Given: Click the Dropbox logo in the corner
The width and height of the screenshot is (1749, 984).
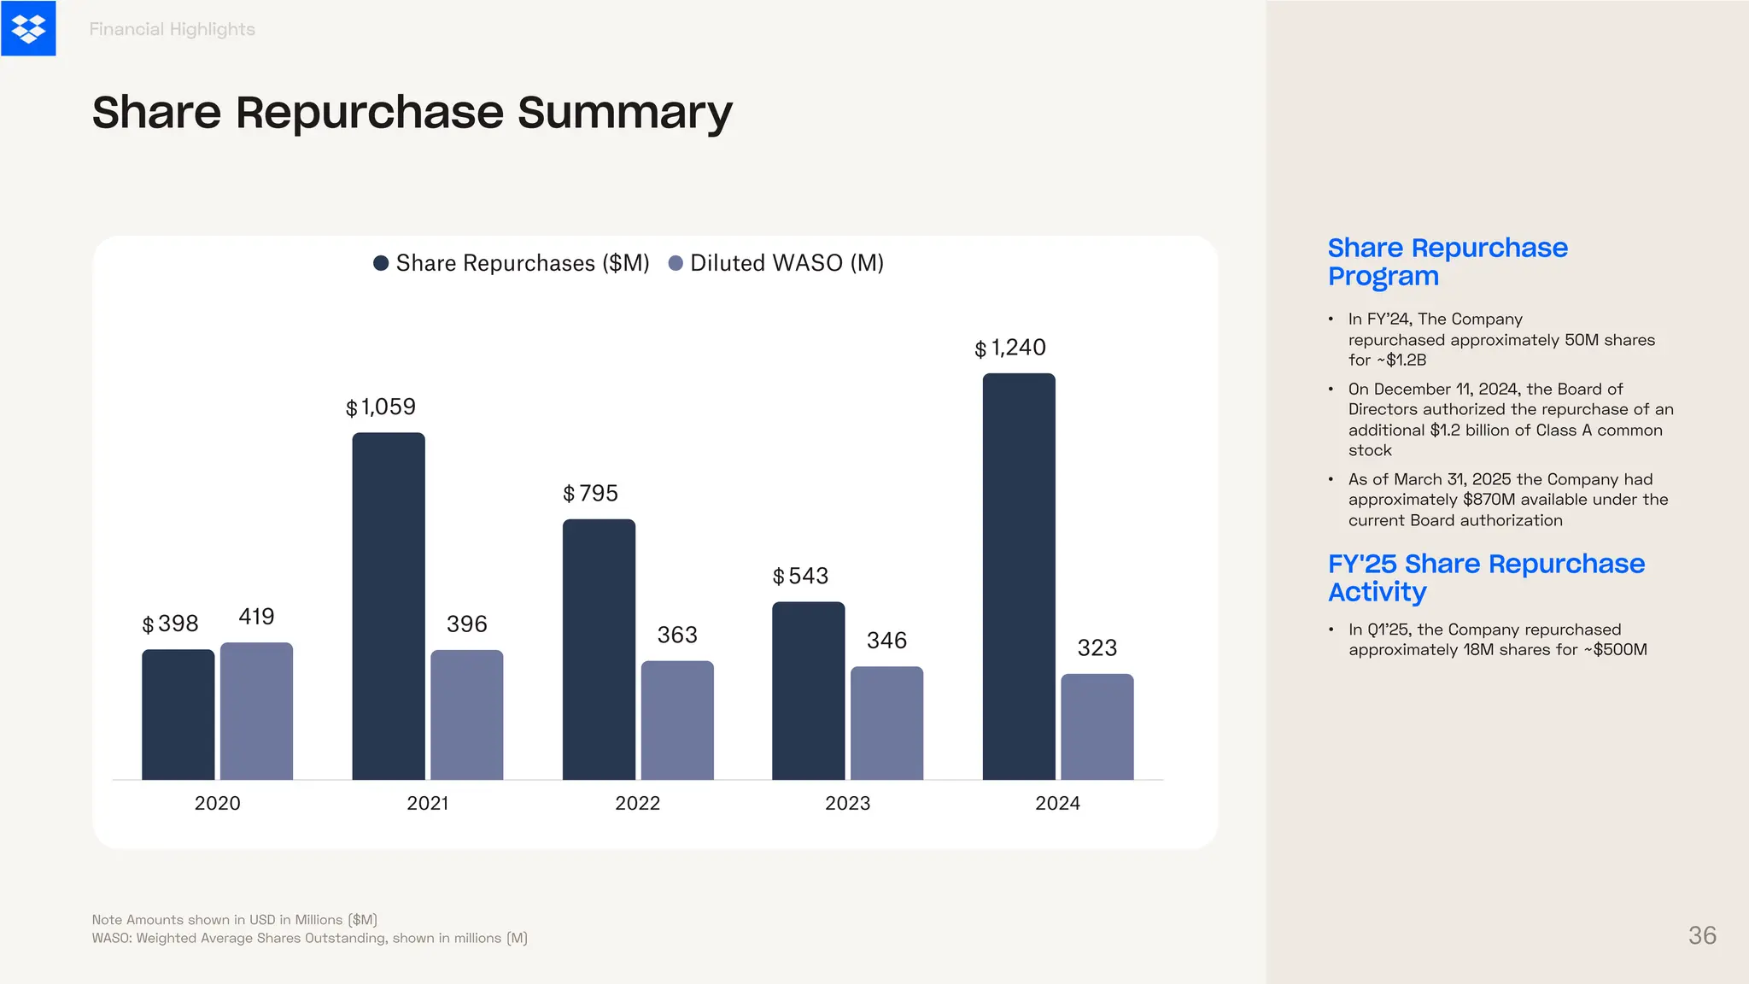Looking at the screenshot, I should (x=28, y=28).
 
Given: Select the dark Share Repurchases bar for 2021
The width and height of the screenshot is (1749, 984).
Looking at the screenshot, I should (x=389, y=606).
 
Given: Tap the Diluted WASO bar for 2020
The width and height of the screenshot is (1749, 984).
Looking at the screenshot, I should (x=256, y=711).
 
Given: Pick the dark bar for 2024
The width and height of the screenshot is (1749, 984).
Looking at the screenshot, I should (x=1019, y=577).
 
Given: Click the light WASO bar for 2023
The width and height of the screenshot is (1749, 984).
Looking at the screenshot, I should (x=886, y=723).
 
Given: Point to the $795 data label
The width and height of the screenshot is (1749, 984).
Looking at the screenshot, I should (x=590, y=494).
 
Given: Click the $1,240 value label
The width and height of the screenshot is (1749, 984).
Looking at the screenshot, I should (x=1010, y=348).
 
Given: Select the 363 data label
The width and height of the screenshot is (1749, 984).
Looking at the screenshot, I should (x=677, y=635).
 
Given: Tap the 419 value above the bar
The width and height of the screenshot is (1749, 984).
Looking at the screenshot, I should (x=256, y=617).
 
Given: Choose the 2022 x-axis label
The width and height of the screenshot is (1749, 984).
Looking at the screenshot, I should (x=637, y=803).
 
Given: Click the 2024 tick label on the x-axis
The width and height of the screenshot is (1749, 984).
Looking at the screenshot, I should (x=1057, y=803).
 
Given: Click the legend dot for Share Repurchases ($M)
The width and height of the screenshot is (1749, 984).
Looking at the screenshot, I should (x=382, y=263).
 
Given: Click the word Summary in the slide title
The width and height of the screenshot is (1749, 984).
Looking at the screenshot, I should (x=625, y=113).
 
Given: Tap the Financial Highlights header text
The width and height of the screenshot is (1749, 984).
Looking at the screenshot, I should (x=172, y=29).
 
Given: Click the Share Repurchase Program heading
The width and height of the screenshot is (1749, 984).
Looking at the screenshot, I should (x=1448, y=261).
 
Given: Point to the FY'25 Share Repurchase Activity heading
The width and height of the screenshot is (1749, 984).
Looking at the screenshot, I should (x=1486, y=577).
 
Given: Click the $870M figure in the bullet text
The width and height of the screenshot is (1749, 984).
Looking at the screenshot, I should (x=1489, y=500).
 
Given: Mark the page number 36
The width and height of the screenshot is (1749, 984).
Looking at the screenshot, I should (x=1702, y=935).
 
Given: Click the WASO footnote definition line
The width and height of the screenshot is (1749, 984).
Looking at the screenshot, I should (x=309, y=938).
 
